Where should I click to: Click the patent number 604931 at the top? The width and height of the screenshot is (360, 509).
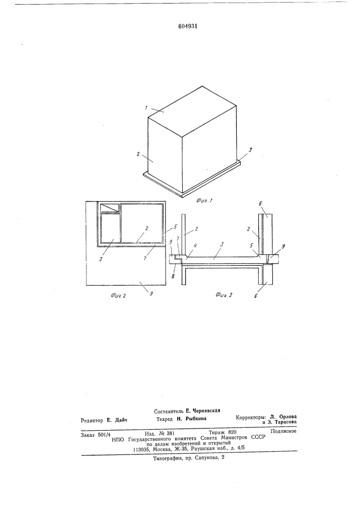[x=188, y=26]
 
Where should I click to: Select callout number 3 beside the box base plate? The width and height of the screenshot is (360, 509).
[x=250, y=150]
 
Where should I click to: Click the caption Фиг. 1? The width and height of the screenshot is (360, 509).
[x=204, y=200]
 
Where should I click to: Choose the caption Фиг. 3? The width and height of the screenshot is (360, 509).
[x=224, y=295]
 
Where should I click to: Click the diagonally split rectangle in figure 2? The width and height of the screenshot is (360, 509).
[x=109, y=208]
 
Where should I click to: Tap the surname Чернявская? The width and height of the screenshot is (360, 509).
[x=206, y=410]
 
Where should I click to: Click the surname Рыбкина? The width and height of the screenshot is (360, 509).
[x=196, y=419]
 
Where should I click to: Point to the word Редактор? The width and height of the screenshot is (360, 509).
[x=92, y=420]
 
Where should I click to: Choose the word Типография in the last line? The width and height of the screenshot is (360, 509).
[x=167, y=457]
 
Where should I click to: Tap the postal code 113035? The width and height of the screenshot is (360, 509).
[x=142, y=449]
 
